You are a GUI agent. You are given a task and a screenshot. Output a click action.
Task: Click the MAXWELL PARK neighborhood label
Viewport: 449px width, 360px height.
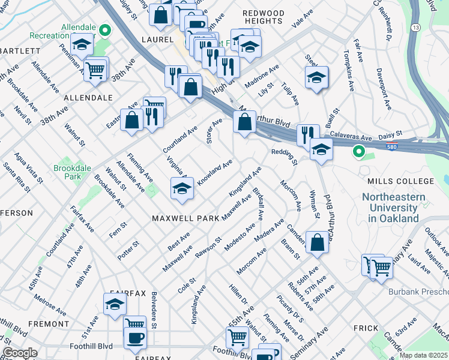(x=185, y=218)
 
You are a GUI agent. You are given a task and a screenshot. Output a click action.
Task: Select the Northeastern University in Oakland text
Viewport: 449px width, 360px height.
(x=393, y=208)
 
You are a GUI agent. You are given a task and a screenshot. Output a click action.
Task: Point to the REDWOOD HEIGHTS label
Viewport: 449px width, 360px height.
(x=262, y=17)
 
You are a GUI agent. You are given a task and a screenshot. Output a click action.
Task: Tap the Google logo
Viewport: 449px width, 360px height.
(x=19, y=353)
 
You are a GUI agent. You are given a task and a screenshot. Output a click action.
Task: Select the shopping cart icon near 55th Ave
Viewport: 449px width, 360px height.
(x=237, y=337)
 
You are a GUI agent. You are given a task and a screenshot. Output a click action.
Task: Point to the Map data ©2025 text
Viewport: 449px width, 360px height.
(x=423, y=355)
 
